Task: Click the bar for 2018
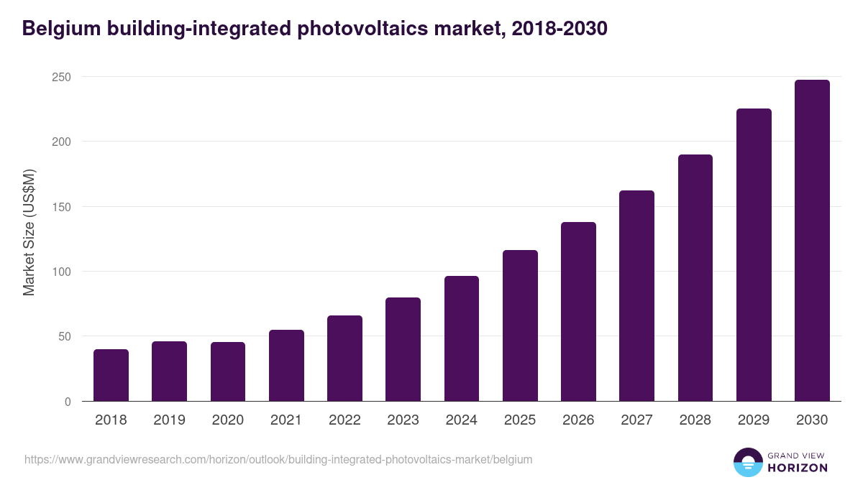click(x=111, y=375)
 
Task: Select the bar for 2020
click(x=228, y=371)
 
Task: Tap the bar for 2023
click(x=403, y=349)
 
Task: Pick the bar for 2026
click(x=578, y=312)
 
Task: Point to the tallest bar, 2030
click(x=812, y=241)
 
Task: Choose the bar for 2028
click(x=695, y=278)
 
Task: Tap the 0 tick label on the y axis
click(x=68, y=402)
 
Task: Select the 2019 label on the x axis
click(x=169, y=420)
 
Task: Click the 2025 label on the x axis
click(x=520, y=420)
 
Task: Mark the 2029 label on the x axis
click(x=754, y=420)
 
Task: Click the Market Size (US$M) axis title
click(x=29, y=232)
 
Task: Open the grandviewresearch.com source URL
click(x=278, y=459)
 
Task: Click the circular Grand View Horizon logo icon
click(x=747, y=462)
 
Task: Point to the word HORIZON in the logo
click(x=798, y=468)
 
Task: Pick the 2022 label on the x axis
click(x=344, y=420)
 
